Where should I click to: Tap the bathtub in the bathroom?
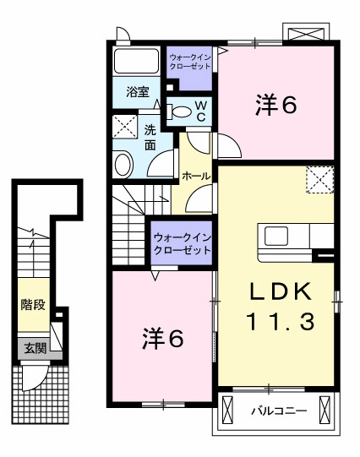[137, 61]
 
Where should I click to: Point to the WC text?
[201, 110]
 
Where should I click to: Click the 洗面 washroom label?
[150, 138]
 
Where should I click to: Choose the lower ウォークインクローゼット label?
[182, 244]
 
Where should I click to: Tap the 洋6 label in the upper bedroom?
[275, 106]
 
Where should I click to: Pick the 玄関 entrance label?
[34, 346]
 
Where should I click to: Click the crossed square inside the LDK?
[319, 180]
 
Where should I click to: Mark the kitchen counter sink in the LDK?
[277, 234]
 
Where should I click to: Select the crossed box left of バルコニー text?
[227, 411]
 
